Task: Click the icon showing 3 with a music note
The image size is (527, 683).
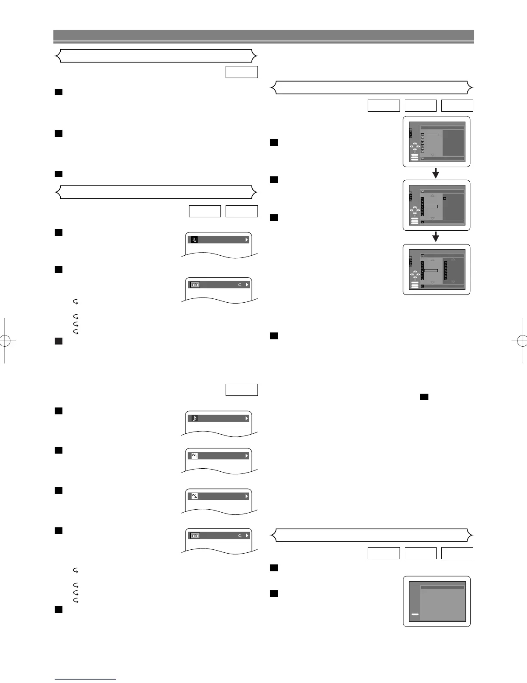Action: [x=194, y=240]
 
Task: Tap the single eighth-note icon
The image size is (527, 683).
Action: [x=194, y=418]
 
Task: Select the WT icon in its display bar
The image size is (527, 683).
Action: [x=194, y=456]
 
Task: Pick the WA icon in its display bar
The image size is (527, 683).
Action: [x=194, y=496]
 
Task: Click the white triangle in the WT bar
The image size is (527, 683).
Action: [x=247, y=456]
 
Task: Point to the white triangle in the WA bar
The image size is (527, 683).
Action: [x=247, y=496]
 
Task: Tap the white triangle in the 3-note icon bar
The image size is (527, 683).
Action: [x=247, y=240]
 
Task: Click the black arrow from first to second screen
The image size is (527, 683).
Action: [x=436, y=173]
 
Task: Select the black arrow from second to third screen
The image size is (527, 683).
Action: [x=436, y=237]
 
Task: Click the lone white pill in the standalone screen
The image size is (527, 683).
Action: [x=415, y=614]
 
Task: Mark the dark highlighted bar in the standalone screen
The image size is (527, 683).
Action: [x=442, y=587]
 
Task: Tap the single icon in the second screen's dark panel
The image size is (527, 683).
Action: [x=445, y=199]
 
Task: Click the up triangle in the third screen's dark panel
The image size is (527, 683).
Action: [x=453, y=259]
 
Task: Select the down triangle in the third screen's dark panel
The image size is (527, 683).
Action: [x=453, y=282]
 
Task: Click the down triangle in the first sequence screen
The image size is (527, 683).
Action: [x=433, y=154]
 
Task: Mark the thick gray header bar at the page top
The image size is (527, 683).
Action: [x=263, y=35]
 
